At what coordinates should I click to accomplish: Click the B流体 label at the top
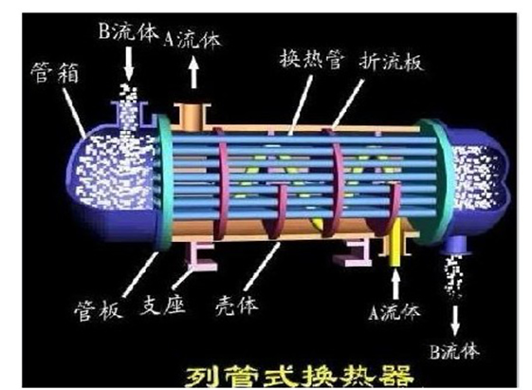pos(129,32)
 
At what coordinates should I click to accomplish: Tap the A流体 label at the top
pos(193,39)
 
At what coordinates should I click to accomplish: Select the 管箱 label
pos(55,73)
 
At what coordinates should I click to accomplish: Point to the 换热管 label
pos(311,59)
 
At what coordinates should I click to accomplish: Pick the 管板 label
pos(98,310)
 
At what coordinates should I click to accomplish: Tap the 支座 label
pos(162,304)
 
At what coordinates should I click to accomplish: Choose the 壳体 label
pos(236,306)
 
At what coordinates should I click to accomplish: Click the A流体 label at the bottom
pos(394,311)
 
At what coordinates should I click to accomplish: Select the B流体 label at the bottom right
pos(454,351)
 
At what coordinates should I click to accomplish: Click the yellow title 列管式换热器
pos(300,376)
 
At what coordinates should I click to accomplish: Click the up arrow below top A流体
pos(193,72)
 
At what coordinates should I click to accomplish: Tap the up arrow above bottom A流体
pos(395,285)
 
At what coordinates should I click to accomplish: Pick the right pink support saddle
pos(354,252)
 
